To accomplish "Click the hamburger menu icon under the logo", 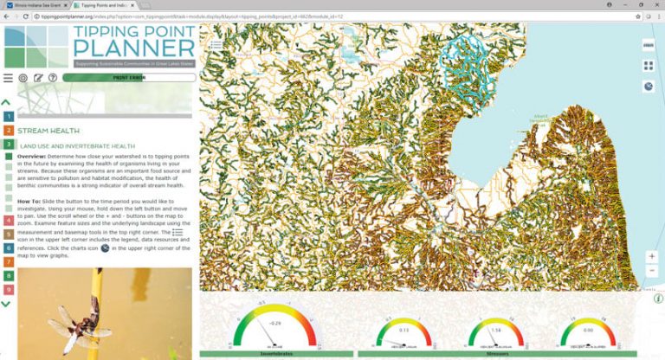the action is click(x=8, y=78).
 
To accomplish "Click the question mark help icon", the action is click(x=53, y=78).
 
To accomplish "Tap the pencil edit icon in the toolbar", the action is click(x=38, y=78).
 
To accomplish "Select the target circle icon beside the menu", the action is click(x=23, y=78).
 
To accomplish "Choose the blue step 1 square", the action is click(x=7, y=116).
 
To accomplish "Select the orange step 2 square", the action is click(x=7, y=131).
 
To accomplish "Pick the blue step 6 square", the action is click(x=7, y=247).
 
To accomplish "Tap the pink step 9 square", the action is click(x=7, y=289).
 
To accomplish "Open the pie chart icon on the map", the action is click(x=649, y=87).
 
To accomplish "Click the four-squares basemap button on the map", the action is click(x=649, y=66).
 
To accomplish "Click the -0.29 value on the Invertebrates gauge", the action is click(x=274, y=323).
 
